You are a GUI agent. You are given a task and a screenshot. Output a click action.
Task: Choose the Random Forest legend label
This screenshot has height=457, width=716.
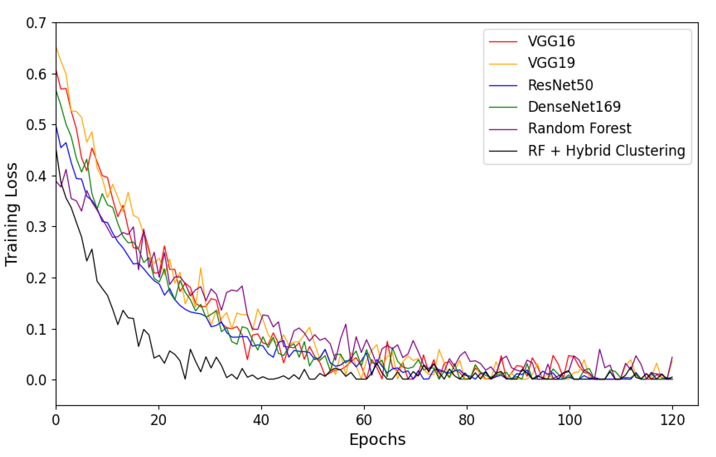click(x=579, y=129)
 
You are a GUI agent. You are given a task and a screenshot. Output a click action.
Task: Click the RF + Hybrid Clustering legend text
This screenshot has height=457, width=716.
click(x=606, y=151)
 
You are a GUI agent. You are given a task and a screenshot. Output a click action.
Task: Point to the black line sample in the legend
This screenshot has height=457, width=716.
click(x=503, y=151)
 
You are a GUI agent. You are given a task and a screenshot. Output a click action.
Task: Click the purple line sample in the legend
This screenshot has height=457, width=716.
click(x=503, y=130)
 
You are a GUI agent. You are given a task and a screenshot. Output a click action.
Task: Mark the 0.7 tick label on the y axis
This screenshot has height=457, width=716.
click(x=36, y=23)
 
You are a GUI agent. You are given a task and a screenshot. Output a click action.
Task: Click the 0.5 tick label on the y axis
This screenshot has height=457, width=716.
click(x=36, y=125)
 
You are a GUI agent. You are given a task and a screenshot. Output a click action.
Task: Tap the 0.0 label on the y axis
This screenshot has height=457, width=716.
click(x=36, y=380)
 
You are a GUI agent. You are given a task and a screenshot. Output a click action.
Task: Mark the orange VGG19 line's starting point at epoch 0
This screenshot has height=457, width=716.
click(x=56, y=47)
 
